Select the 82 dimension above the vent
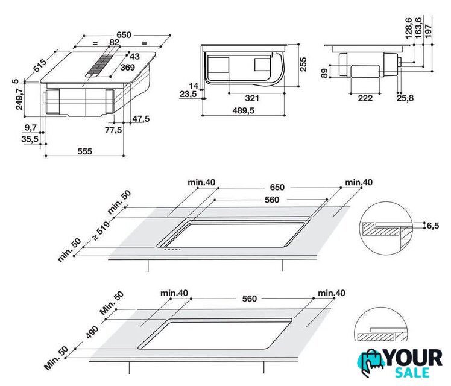(x=114, y=42)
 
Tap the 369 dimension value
(x=127, y=67)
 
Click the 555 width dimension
(x=84, y=151)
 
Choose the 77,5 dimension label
(x=113, y=130)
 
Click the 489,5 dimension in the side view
(x=245, y=110)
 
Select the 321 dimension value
(x=252, y=98)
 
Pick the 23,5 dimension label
(x=188, y=94)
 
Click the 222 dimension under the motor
(x=365, y=98)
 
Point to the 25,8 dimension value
(x=405, y=98)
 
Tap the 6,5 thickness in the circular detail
(x=433, y=226)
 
